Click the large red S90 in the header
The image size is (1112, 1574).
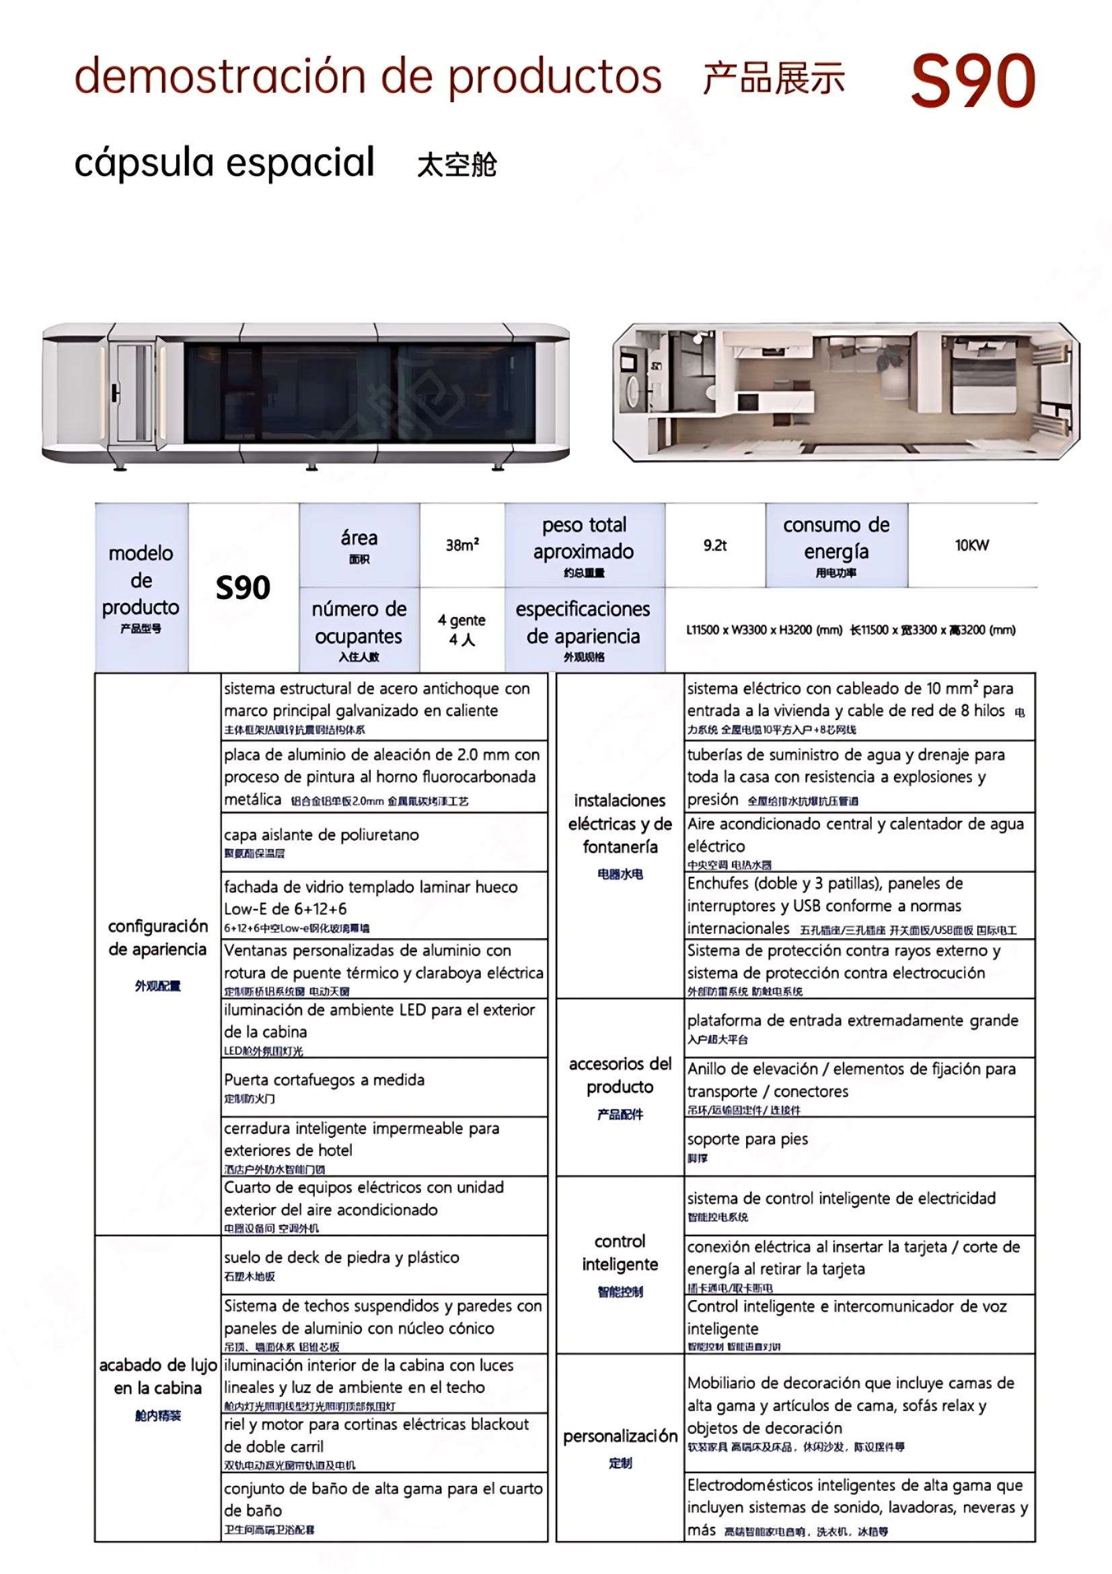tap(972, 81)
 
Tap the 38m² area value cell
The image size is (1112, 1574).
tap(461, 545)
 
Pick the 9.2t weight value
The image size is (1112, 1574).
tap(714, 545)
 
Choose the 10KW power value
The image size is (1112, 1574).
tap(971, 545)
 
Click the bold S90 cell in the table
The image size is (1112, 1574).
tap(243, 587)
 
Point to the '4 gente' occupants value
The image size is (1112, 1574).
tap(461, 629)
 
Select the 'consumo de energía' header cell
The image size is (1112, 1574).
tap(836, 546)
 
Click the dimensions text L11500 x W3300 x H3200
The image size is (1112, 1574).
tap(764, 630)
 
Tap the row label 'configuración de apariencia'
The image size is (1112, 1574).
tap(157, 938)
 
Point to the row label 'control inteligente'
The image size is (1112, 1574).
tap(620, 1253)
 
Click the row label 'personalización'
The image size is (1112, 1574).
tap(620, 1436)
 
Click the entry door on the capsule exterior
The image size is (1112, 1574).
tap(134, 392)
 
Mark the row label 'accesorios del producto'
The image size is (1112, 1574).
tap(620, 1075)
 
